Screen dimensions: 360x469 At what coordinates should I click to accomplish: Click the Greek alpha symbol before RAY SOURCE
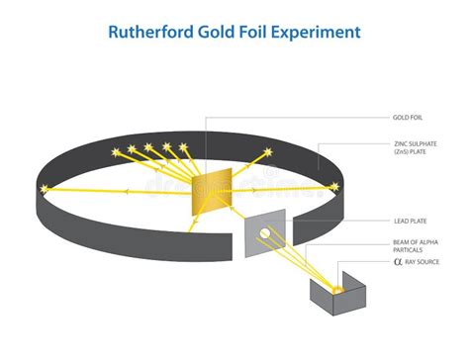pos(399,262)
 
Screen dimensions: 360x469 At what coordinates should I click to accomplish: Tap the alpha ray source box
pos(335,298)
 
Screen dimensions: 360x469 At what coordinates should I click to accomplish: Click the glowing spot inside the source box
pos(336,289)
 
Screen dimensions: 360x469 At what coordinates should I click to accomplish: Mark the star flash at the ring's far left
pos(43,189)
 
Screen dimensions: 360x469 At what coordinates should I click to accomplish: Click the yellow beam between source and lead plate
pos(302,262)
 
